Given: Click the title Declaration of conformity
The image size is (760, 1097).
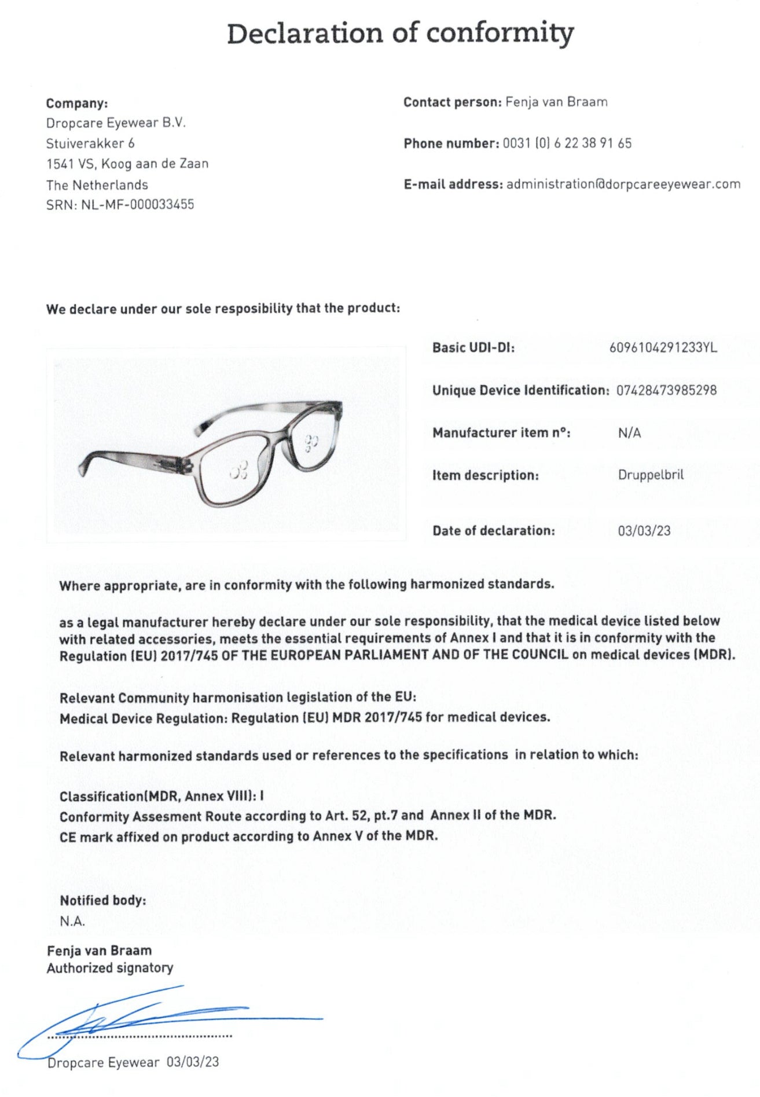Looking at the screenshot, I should click(400, 34).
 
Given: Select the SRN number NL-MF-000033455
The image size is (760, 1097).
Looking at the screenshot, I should click(138, 204).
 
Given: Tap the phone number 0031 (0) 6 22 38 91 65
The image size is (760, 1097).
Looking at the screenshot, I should click(567, 143).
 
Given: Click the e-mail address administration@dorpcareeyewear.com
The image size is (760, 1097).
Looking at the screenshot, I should click(623, 184).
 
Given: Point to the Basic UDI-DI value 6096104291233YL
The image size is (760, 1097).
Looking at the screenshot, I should click(663, 347).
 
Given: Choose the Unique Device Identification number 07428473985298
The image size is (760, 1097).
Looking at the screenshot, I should click(666, 390).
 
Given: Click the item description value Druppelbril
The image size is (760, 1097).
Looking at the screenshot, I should click(651, 475).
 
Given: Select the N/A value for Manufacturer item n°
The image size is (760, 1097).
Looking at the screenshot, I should click(629, 433).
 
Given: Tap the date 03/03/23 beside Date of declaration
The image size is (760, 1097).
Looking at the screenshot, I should click(644, 530).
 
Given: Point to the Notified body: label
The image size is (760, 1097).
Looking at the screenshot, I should click(103, 900).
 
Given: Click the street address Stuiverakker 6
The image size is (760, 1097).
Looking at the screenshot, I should click(90, 143).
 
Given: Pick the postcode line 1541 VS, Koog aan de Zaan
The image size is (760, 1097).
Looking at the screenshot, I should click(127, 164).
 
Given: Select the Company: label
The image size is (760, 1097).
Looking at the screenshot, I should click(77, 103).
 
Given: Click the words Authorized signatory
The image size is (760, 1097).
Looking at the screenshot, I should click(110, 968).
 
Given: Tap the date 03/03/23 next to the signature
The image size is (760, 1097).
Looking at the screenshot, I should click(193, 1062).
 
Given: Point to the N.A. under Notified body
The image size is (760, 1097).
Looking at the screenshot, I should click(72, 921).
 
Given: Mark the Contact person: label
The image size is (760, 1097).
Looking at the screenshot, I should click(452, 102).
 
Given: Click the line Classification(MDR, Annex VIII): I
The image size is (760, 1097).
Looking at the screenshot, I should click(161, 796).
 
